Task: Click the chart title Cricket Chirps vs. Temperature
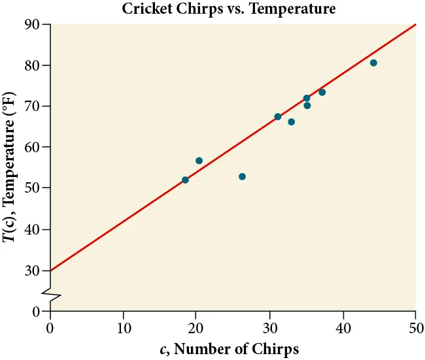click(228, 8)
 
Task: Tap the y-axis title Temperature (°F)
click(9, 167)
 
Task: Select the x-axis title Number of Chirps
click(229, 349)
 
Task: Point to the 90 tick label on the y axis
click(33, 25)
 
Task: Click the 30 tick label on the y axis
click(33, 270)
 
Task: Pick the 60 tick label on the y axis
click(33, 148)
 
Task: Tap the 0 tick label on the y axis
click(37, 312)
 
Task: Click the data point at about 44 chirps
click(373, 63)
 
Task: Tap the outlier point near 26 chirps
click(242, 176)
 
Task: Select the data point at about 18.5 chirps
click(185, 180)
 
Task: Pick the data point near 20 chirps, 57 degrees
click(199, 161)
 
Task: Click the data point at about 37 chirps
click(322, 92)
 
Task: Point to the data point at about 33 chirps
click(291, 122)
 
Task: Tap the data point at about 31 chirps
click(277, 116)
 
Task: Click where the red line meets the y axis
click(50, 270)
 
